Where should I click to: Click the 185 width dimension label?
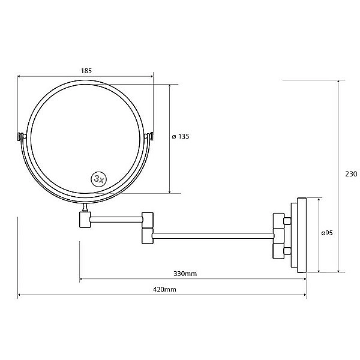coord(86,71)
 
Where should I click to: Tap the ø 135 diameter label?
coord(181,136)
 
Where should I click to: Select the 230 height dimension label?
coord(351,174)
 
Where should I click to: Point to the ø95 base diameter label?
coord(327,233)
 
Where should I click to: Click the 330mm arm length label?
coord(185,274)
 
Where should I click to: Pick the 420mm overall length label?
coord(164,289)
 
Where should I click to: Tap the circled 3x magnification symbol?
coord(99,179)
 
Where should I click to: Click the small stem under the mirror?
coord(85,208)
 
